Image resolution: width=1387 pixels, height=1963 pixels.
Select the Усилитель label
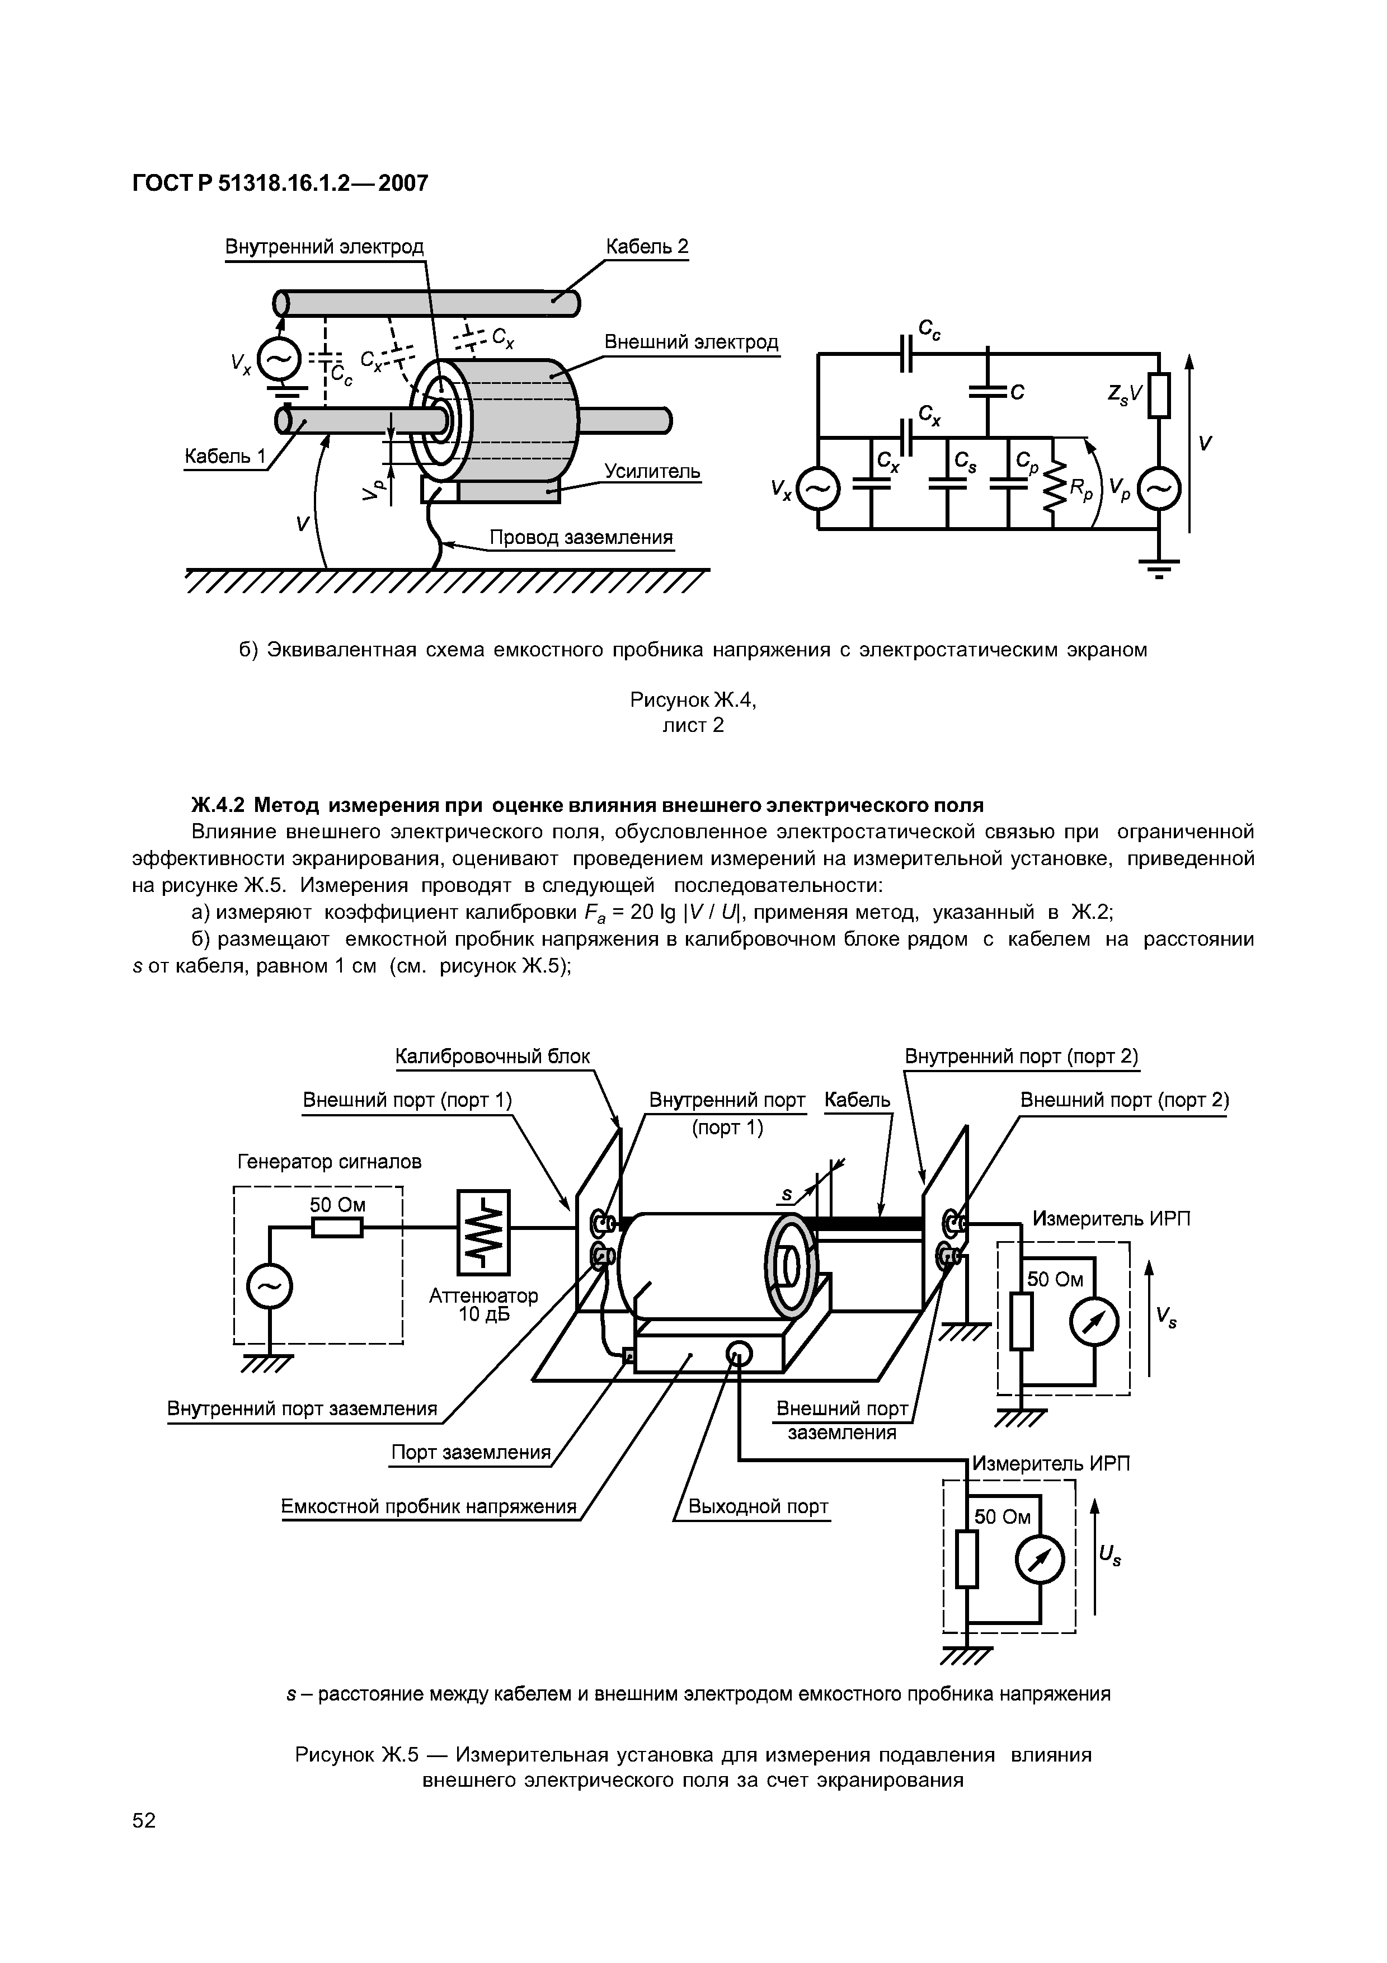(x=652, y=471)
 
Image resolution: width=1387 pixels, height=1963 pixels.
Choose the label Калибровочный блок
(x=492, y=1056)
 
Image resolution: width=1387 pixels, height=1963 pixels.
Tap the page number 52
(x=144, y=1844)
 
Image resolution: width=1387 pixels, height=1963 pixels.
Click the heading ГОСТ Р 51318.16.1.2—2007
(x=280, y=183)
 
